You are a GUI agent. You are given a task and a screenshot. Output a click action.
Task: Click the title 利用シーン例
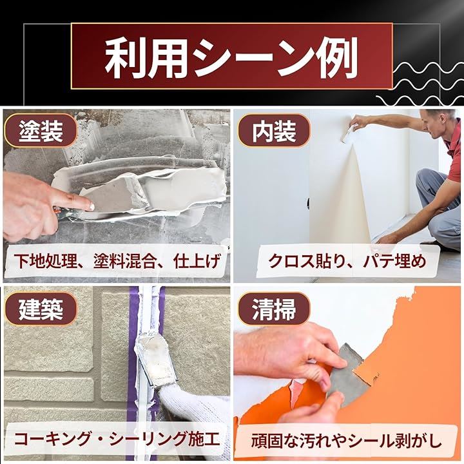pyautogui.click(x=231, y=57)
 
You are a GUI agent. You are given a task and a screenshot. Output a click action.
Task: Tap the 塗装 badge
pyautogui.click(x=41, y=131)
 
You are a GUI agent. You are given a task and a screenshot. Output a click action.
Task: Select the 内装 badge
pyautogui.click(x=274, y=131)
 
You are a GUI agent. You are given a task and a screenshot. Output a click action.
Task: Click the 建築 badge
pyautogui.click(x=41, y=309)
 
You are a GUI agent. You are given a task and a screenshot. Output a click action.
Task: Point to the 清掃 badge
pyautogui.click(x=274, y=309)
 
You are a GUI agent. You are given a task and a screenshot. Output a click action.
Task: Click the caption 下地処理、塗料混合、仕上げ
pyautogui.click(x=117, y=261)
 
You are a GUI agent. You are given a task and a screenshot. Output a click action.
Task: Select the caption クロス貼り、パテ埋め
pyautogui.click(x=347, y=261)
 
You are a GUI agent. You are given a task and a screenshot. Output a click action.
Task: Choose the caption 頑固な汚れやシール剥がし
pyautogui.click(x=346, y=441)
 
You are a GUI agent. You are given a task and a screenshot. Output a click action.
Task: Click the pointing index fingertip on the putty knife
pyautogui.click(x=90, y=206)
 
